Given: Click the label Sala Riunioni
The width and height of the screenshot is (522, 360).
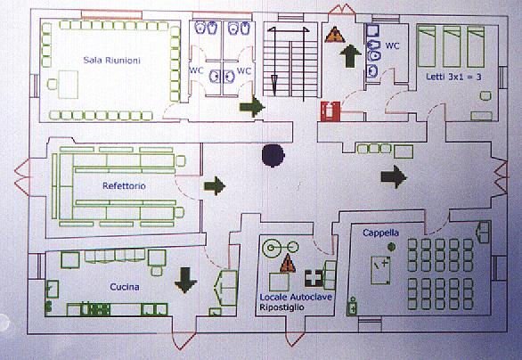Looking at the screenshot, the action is click(112, 61).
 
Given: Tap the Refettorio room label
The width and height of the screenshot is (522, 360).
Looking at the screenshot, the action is click(124, 186).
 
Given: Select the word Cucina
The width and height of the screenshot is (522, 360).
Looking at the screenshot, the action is click(125, 287).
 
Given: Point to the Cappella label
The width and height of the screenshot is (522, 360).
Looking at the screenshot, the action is click(381, 233).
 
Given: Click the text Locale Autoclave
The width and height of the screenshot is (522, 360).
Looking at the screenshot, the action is click(296, 297).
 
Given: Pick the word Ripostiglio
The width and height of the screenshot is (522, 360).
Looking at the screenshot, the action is click(281, 307).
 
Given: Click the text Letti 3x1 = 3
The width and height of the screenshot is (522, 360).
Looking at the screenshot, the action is click(453, 77).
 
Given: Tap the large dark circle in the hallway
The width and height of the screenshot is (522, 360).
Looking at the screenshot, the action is click(273, 156).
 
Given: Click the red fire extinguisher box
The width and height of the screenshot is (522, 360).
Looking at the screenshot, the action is click(330, 111).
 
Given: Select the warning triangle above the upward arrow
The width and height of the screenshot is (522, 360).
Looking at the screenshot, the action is click(335, 35).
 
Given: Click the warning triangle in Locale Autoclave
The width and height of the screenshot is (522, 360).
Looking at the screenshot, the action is click(288, 264).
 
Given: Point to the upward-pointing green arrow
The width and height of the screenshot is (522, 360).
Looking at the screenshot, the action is click(351, 56).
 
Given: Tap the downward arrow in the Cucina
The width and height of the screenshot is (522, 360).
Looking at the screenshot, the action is click(186, 280).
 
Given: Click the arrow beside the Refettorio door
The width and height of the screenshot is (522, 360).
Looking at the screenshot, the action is click(215, 186).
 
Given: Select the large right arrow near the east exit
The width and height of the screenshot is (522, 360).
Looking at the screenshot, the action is click(394, 176).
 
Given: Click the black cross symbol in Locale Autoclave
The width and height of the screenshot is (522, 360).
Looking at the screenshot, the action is click(314, 278).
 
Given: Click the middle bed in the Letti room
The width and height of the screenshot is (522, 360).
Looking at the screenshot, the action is click(452, 46).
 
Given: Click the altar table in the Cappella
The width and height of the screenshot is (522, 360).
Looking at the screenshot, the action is click(381, 270).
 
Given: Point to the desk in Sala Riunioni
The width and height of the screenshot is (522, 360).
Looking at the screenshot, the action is click(68, 85).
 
